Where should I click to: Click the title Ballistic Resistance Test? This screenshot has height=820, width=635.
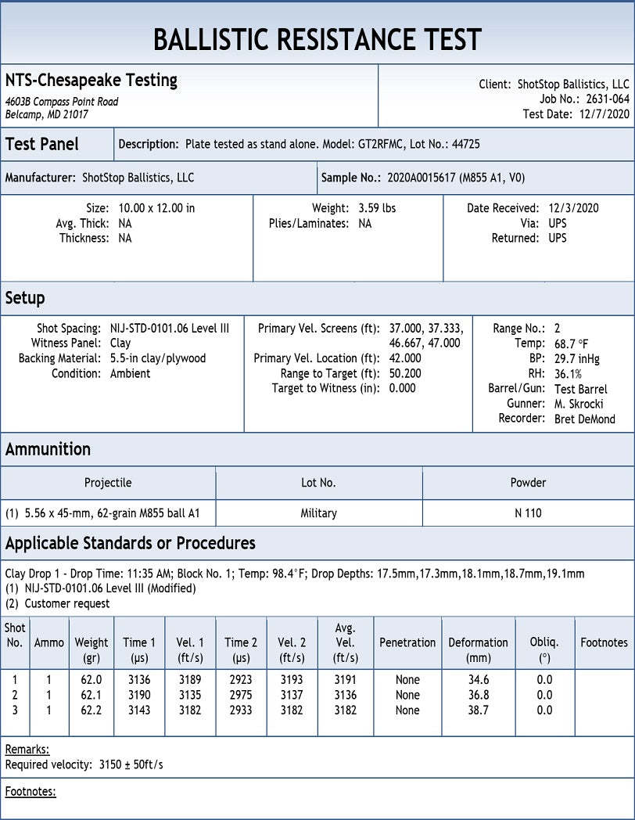tap(317, 39)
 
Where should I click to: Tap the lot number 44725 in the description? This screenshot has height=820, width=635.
tap(465, 144)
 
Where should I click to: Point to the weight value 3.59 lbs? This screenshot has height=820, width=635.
tap(377, 208)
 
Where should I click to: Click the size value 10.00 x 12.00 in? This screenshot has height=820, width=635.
tap(156, 208)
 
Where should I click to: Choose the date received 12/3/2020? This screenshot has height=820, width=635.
tap(575, 208)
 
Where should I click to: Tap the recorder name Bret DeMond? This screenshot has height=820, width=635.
tap(584, 419)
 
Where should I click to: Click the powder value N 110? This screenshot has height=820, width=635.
tap(528, 513)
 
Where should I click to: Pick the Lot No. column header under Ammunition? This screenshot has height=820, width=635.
tap(318, 483)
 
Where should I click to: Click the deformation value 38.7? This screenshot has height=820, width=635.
tap(479, 710)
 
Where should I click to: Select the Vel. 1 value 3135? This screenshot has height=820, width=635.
tap(189, 695)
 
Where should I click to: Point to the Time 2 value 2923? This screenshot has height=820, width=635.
tap(241, 680)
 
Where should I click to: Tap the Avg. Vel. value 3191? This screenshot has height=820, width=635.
tap(345, 680)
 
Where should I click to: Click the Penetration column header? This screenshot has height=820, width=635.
tap(407, 642)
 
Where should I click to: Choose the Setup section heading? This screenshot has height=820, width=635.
tap(25, 298)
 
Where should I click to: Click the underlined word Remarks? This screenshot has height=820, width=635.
tap(27, 749)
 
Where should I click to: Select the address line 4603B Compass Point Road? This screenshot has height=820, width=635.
tap(62, 102)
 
